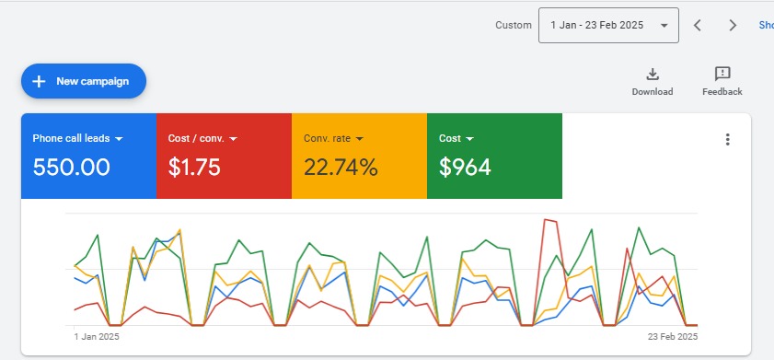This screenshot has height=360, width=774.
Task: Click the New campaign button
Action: coord(84,81)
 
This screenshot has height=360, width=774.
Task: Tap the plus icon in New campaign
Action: coord(39,81)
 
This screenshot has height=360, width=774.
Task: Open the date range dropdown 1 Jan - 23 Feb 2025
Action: coord(608,26)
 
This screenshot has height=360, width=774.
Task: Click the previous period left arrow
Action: coord(698,26)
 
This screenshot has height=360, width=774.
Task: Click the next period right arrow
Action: coord(733,26)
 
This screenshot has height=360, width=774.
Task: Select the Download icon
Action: coord(652,75)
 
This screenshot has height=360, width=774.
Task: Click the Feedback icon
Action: coord(722,75)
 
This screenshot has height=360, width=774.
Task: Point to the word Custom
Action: coord(514,26)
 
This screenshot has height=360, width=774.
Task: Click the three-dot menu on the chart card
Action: coord(727,140)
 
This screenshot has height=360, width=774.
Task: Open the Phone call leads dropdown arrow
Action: coord(120,139)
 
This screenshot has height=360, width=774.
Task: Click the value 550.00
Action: coord(72,168)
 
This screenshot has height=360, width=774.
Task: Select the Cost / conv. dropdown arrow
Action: coord(233,139)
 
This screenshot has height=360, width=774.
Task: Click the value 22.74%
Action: coord(341,168)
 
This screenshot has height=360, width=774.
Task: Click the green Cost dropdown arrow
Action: coord(470,139)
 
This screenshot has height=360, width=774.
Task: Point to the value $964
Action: coord(465,168)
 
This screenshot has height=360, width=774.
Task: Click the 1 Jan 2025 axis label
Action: coord(97,337)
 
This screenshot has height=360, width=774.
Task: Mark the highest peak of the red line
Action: coord(548,219)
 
